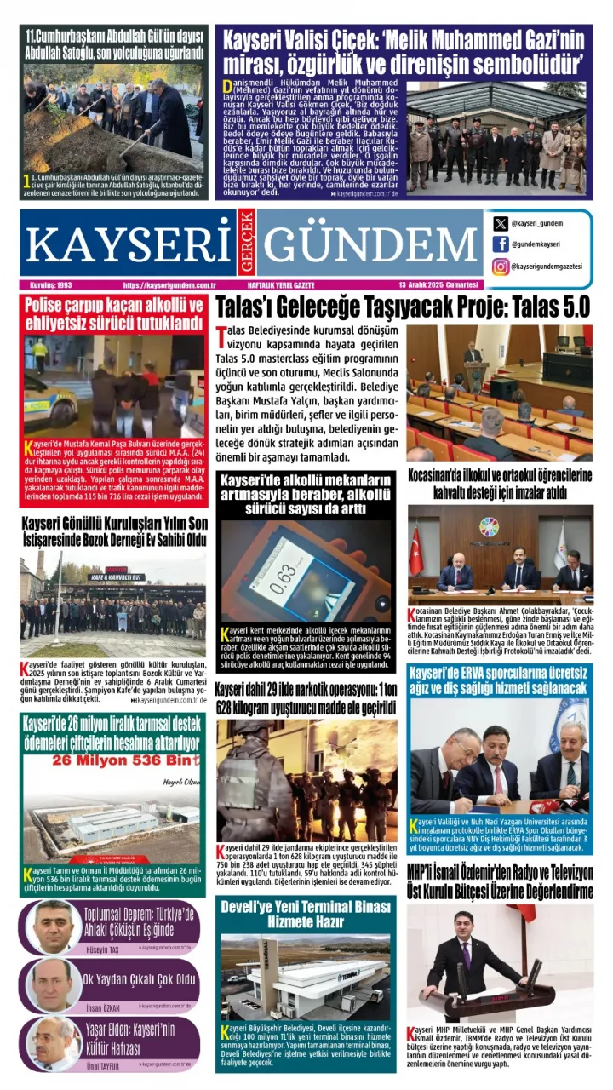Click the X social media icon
(x=501, y=224)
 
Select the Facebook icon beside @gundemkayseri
(x=501, y=245)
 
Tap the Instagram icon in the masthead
(x=501, y=267)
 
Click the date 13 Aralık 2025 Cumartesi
(x=438, y=284)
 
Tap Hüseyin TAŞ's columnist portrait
(x=53, y=926)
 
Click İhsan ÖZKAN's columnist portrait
(x=53, y=984)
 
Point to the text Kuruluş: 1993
(x=50, y=284)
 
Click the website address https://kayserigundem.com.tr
(x=168, y=284)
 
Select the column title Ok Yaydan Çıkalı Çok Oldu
(x=140, y=979)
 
